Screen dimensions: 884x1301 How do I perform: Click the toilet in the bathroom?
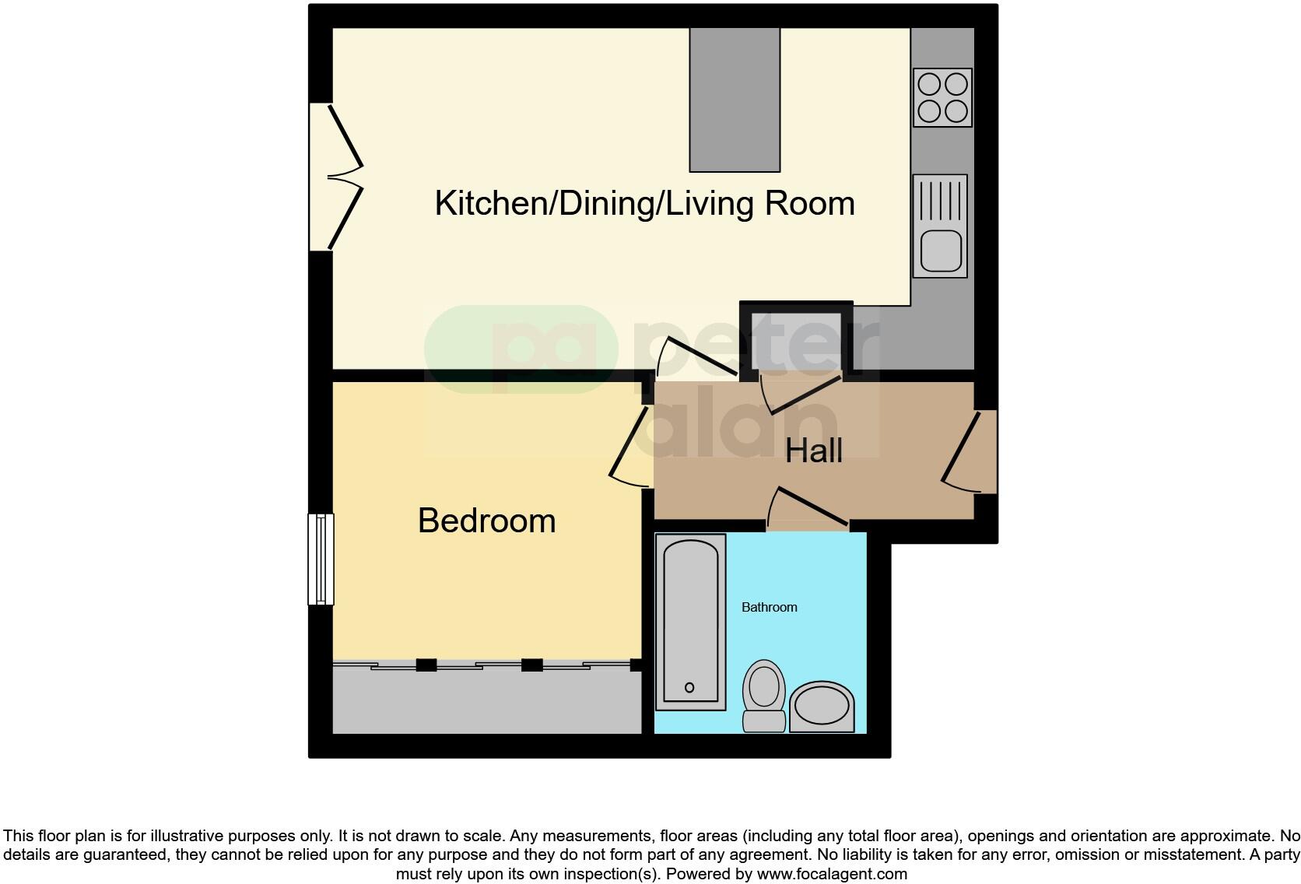(764, 695)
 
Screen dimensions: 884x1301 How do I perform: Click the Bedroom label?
(486, 521)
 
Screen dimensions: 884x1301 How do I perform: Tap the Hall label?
(813, 451)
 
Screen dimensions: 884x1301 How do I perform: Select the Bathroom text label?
(769, 607)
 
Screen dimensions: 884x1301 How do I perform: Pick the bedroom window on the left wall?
(321, 559)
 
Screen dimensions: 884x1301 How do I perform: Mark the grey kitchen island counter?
(735, 99)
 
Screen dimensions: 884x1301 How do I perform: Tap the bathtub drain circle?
(689, 687)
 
